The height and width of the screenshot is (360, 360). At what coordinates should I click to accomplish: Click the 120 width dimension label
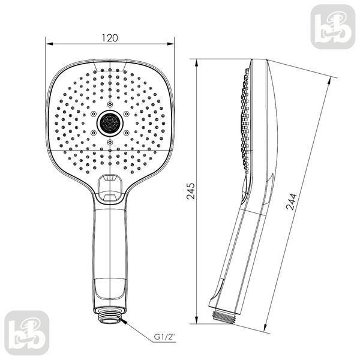pos(110,38)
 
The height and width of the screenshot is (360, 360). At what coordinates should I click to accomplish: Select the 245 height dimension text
pos(191,191)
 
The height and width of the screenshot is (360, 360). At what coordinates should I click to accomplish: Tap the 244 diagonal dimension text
pos(292,202)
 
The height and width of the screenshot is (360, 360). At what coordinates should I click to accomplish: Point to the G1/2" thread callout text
pos(164,337)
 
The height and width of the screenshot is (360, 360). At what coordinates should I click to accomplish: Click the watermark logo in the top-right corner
pos(333,27)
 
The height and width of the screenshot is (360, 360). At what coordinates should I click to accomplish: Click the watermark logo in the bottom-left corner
pos(27,333)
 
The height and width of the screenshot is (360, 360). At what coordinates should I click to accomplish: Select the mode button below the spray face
pos(110,190)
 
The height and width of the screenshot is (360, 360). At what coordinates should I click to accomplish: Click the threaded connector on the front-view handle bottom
pos(110,318)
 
